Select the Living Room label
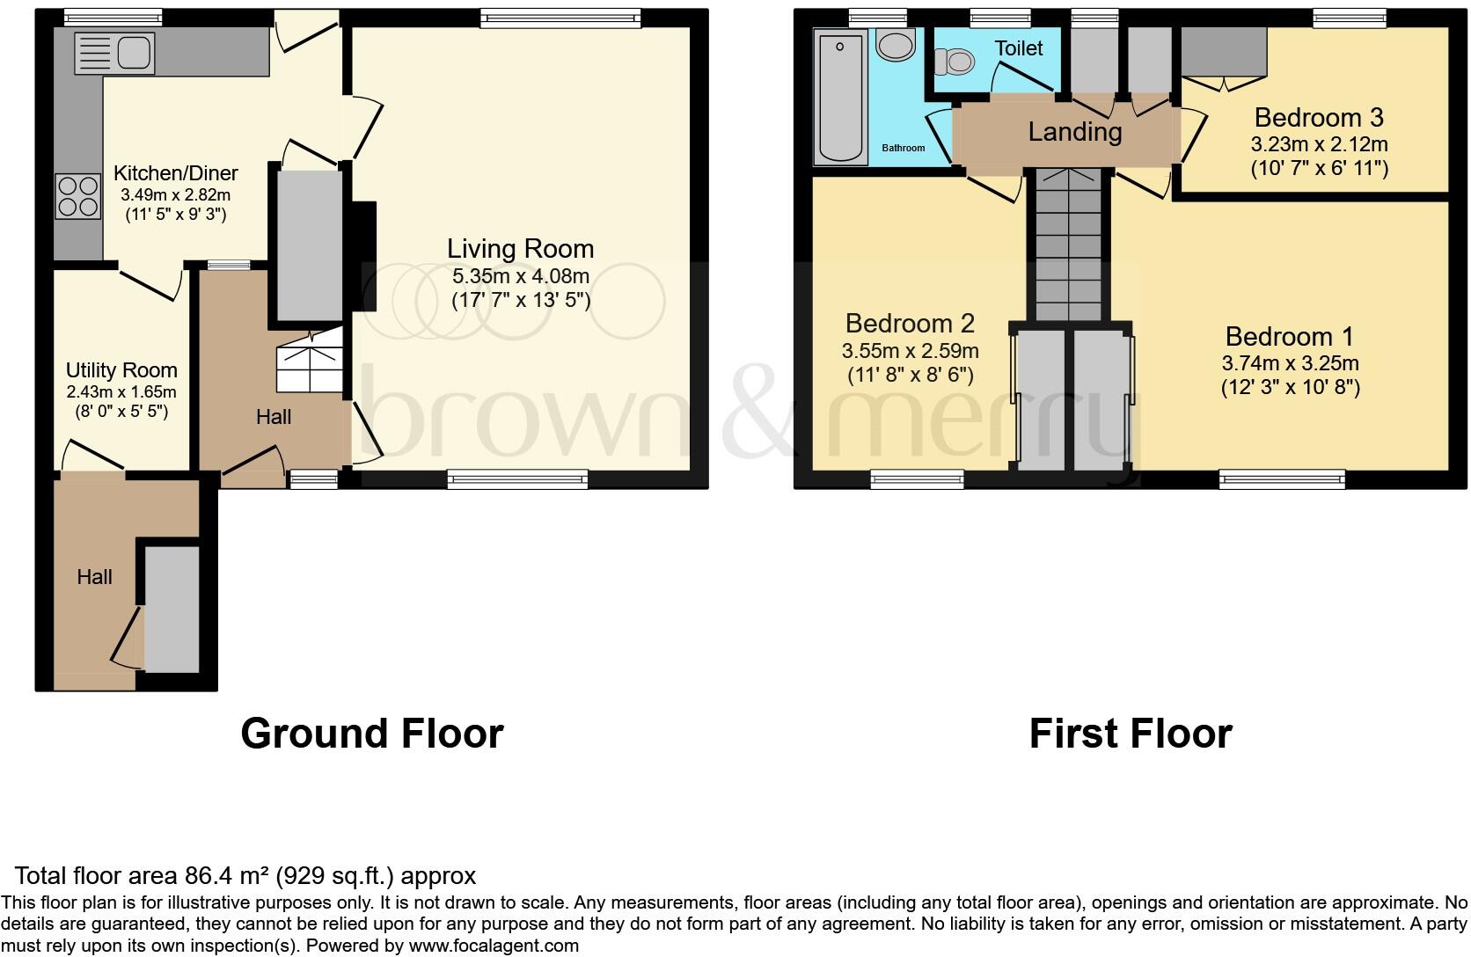520,249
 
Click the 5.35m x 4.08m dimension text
520,276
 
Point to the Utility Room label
121,370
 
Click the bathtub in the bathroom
840,96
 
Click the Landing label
1074,132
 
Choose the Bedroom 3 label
1318,117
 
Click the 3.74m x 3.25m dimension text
1290,363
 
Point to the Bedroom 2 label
910,324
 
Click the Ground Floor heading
371,733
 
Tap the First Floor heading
1130,733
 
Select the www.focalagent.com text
494,946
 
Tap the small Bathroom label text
903,148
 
